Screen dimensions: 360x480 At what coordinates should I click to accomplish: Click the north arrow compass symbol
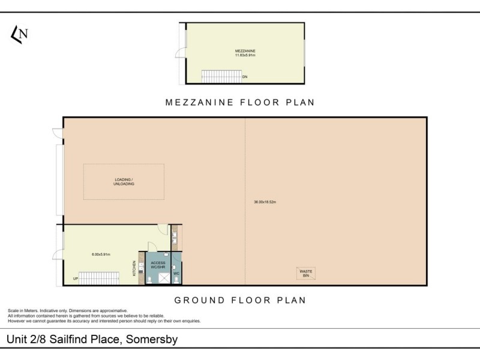tap(19, 35)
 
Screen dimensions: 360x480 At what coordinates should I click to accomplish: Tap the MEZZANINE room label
tap(245, 50)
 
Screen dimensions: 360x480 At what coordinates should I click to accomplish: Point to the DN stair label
tap(245, 77)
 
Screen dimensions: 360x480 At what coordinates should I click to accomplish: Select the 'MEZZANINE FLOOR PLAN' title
tap(240, 102)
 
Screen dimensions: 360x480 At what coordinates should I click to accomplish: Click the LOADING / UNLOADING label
tap(124, 182)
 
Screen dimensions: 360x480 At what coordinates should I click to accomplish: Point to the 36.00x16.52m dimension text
tap(265, 202)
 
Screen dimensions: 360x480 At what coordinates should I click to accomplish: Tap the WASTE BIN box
tap(306, 273)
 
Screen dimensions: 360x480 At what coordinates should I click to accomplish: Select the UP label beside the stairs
tap(76, 279)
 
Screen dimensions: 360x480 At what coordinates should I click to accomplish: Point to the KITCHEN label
tap(134, 268)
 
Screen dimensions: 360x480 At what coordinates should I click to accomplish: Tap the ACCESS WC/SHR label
tap(157, 265)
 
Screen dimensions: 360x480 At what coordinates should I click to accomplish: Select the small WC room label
tap(176, 274)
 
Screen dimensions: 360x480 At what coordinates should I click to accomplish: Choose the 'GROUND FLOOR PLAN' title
tap(240, 299)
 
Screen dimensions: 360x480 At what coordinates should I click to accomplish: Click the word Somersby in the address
tap(151, 340)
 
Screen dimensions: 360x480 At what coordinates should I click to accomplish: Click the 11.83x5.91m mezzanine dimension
tap(245, 55)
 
